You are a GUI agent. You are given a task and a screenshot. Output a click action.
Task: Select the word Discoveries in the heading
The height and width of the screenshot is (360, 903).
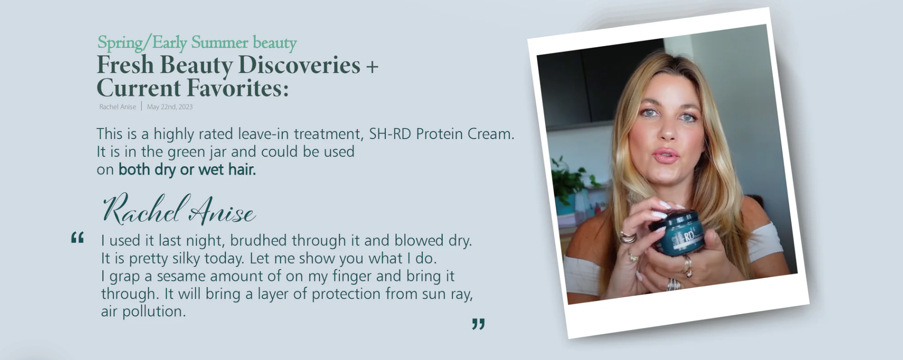(299, 65)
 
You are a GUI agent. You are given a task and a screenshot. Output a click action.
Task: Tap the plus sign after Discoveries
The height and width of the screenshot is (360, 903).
(372, 66)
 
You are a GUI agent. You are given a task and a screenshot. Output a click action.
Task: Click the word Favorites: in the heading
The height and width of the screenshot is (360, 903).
(238, 88)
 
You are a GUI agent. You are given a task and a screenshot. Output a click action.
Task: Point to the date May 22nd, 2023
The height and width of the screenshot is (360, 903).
(170, 107)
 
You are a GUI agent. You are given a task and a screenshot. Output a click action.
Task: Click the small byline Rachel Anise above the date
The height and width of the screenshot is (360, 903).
(117, 107)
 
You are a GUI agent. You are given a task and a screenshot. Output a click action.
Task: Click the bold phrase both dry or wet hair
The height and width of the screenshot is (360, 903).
(187, 170)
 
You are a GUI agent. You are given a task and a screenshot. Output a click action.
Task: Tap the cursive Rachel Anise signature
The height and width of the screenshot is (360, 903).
(179, 209)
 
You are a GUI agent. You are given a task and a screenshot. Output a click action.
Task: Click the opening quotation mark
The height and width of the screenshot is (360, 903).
(77, 237)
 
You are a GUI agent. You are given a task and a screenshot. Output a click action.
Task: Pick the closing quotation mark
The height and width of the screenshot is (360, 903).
(478, 324)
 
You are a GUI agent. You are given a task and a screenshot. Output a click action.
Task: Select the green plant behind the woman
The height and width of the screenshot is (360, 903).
(570, 180)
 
